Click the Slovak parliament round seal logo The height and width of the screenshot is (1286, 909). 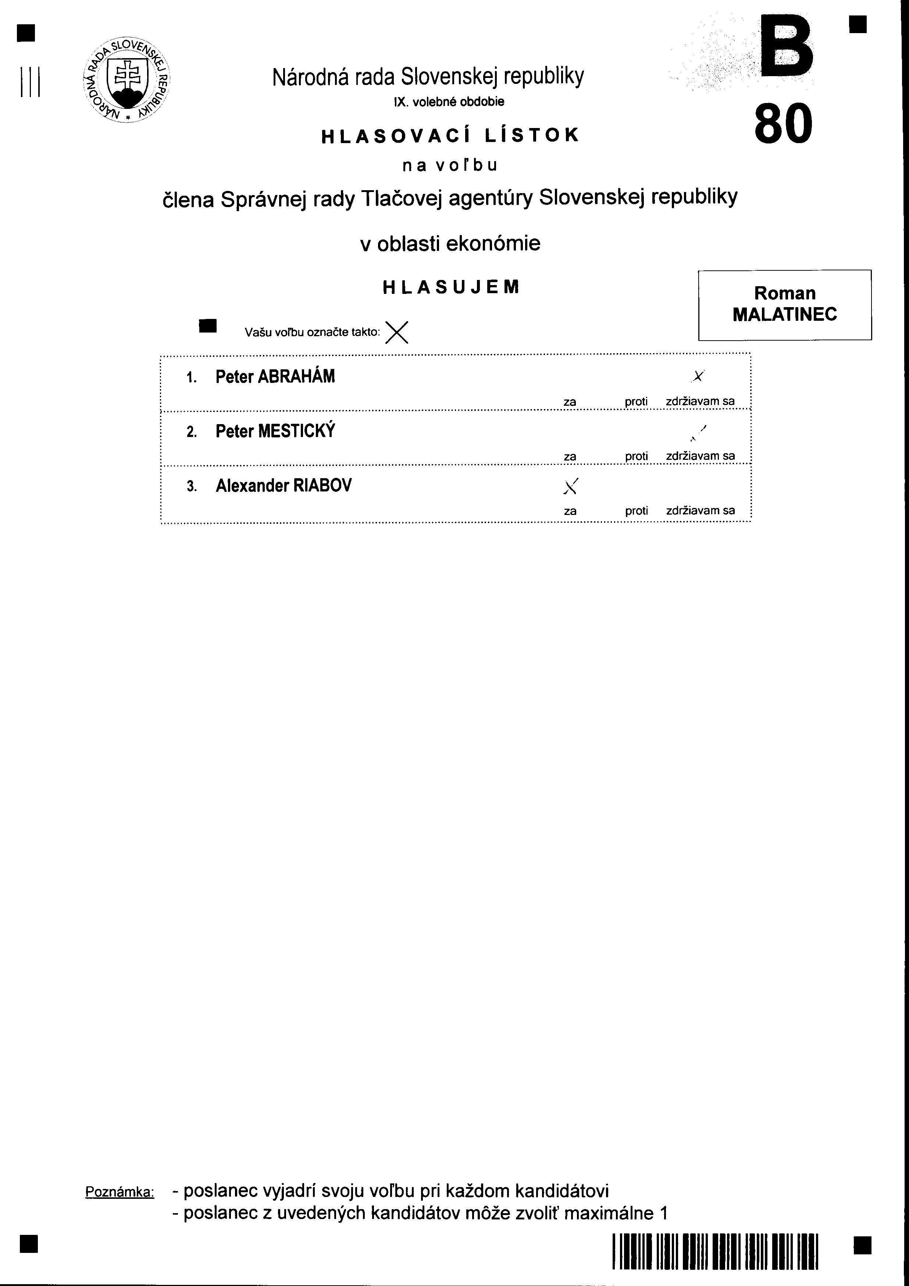(x=126, y=81)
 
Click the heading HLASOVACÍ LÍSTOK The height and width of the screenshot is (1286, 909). (x=450, y=135)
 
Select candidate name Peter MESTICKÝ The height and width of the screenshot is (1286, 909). (x=275, y=431)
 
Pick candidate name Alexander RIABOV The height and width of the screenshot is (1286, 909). (x=284, y=486)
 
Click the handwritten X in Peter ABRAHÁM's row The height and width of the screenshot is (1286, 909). (x=698, y=376)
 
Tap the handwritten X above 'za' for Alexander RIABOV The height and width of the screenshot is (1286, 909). (x=571, y=487)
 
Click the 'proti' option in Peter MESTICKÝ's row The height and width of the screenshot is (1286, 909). (x=636, y=457)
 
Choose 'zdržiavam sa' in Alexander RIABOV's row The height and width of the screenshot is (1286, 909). (x=700, y=511)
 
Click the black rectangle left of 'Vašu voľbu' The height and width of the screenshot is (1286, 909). (x=208, y=326)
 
